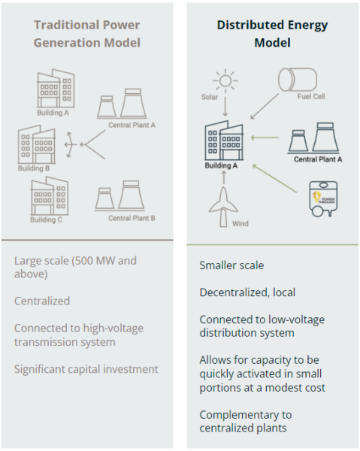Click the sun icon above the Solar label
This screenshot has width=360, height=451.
point(225,80)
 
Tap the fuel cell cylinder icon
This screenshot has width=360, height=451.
point(298,80)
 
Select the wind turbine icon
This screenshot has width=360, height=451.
point(223,207)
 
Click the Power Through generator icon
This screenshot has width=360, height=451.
point(323,198)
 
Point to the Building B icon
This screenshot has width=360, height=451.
point(37,144)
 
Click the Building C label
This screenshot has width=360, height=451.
point(46,220)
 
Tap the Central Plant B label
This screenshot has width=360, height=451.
point(132,218)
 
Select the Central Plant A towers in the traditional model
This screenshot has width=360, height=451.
point(122,104)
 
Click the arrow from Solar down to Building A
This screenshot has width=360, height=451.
point(225,107)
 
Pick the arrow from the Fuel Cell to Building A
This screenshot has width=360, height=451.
point(265,106)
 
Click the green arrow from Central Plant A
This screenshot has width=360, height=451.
point(265,138)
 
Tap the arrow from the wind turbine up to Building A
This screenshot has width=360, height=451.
point(224,177)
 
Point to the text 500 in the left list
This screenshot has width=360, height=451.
point(83,261)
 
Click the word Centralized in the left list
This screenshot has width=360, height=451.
point(42,301)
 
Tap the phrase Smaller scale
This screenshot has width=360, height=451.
point(231,265)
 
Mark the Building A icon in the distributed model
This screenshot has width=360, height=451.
point(224,141)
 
